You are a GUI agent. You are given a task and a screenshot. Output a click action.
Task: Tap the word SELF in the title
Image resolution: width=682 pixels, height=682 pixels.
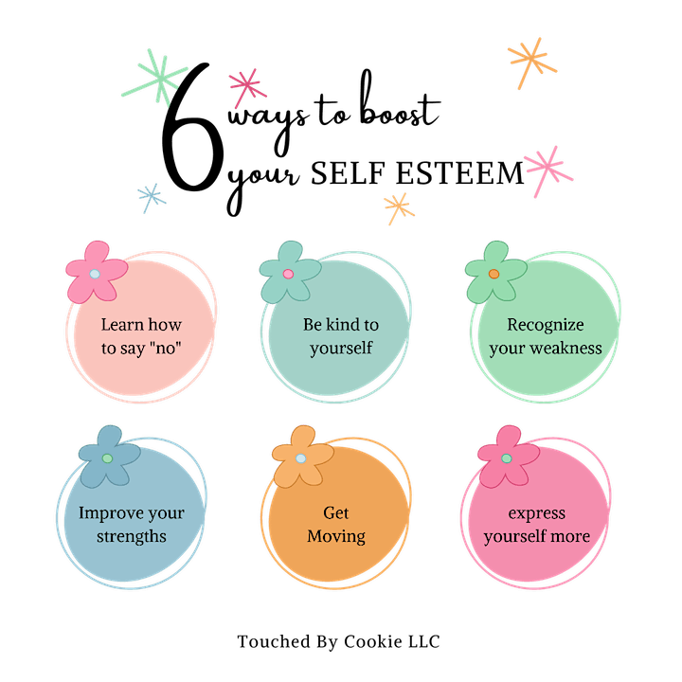coord(348,173)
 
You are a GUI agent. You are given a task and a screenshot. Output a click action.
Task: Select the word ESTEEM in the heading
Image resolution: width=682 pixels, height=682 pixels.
coord(459,173)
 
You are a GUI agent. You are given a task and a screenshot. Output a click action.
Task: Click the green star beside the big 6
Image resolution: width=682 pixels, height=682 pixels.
coord(160,80)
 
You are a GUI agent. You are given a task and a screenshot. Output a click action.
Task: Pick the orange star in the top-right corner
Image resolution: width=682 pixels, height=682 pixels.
coord(531,63)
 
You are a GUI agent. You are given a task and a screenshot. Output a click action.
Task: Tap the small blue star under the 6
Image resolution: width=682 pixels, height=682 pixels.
coord(152,198)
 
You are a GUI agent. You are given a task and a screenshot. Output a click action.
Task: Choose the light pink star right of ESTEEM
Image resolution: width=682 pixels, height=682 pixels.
coord(548,170)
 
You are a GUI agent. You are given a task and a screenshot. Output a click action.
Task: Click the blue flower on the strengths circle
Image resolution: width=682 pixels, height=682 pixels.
coord(109,457)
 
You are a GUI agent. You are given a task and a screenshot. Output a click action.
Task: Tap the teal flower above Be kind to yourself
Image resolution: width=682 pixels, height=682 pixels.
coord(290,272)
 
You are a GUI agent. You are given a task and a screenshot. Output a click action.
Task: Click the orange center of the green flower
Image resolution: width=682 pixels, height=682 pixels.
coord(494,274)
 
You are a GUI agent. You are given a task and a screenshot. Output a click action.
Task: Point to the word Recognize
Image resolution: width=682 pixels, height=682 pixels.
coord(546,325)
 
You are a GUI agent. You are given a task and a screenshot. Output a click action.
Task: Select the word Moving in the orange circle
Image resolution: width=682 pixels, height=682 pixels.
coord(336,536)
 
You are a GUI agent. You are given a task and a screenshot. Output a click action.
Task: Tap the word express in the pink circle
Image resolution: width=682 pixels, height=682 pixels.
coord(537,513)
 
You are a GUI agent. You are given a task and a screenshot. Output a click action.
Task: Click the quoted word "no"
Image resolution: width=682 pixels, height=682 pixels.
coord(165,348)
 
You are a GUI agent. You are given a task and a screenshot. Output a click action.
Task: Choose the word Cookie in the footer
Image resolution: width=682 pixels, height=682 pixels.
coord(373,641)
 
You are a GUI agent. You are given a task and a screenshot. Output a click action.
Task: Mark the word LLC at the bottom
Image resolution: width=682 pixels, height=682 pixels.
coord(424,641)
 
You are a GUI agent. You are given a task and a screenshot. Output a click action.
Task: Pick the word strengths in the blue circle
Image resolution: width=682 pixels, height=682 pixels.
coord(132,536)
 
